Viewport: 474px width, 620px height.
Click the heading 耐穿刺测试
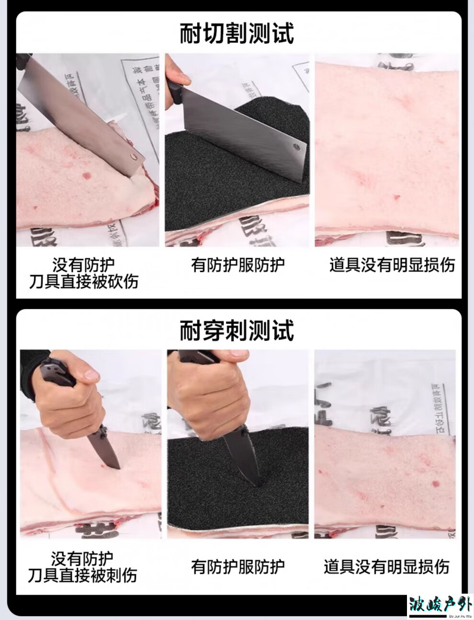(237, 330)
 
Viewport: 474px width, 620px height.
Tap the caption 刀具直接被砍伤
(84, 281)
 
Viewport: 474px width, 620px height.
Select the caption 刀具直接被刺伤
(82, 574)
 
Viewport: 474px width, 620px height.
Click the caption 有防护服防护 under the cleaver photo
(237, 264)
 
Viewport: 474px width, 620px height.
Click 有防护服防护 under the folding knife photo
(237, 567)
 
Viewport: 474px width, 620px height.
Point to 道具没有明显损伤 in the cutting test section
(392, 264)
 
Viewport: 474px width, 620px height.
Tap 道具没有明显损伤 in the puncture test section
(386, 567)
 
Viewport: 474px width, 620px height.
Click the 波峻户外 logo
(440, 606)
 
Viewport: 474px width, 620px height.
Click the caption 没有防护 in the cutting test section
(84, 264)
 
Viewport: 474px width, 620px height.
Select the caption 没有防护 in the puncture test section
(82, 558)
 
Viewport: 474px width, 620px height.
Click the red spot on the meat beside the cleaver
(87, 175)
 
